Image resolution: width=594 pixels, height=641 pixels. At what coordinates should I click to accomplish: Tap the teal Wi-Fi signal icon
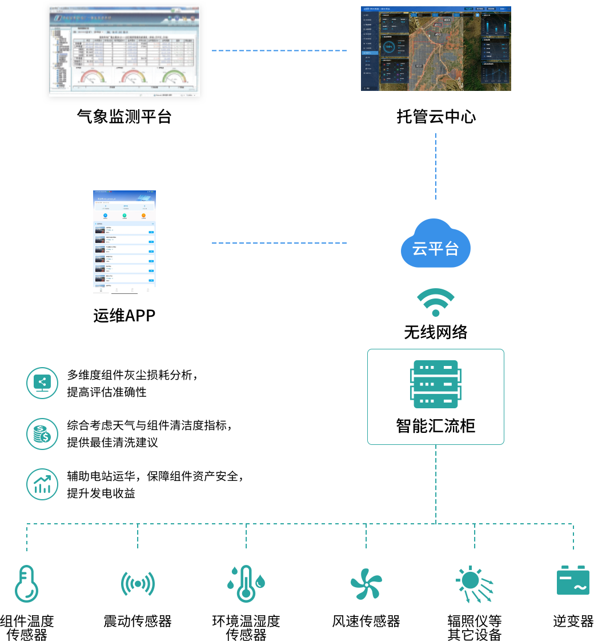point(435,302)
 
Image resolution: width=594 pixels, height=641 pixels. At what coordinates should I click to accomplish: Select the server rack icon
point(436,384)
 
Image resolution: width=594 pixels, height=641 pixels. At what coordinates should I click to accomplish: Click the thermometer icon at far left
point(26,584)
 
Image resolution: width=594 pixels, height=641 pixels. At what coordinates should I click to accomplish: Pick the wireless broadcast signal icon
point(138,584)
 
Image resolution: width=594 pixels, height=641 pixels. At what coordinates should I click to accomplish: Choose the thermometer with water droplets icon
point(246,584)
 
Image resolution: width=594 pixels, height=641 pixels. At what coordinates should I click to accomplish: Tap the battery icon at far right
point(573,581)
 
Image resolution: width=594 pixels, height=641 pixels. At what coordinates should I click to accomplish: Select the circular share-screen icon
point(42,383)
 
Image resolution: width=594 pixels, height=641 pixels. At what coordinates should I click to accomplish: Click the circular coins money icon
point(42,434)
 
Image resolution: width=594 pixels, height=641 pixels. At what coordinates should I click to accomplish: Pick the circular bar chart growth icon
point(42,485)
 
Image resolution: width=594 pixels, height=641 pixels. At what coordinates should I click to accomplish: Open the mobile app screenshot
point(125,242)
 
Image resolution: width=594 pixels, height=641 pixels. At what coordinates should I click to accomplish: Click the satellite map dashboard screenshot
point(436,49)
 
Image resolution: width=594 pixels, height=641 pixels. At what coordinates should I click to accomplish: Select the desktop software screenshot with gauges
point(125,50)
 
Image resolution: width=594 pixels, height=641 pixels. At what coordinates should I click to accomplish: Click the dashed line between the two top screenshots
point(279,51)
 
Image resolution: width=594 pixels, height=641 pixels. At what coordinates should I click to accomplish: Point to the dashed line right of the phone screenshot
point(279,243)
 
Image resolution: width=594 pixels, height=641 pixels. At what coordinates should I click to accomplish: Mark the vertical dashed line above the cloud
point(436,166)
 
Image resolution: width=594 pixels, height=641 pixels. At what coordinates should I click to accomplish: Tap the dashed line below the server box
point(436,483)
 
